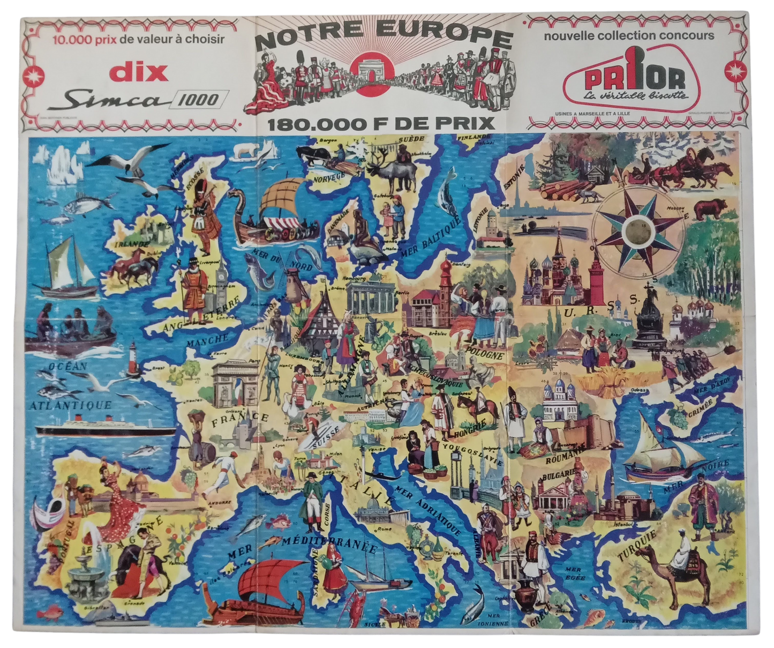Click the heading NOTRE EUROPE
[x=383, y=39]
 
